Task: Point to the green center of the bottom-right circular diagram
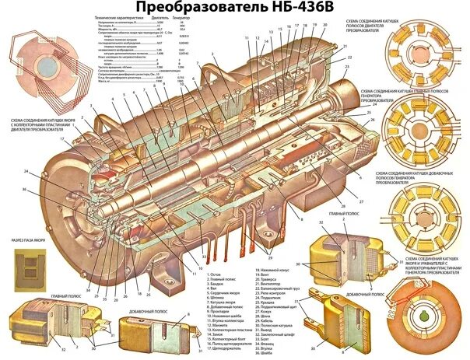(x=425, y=318)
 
